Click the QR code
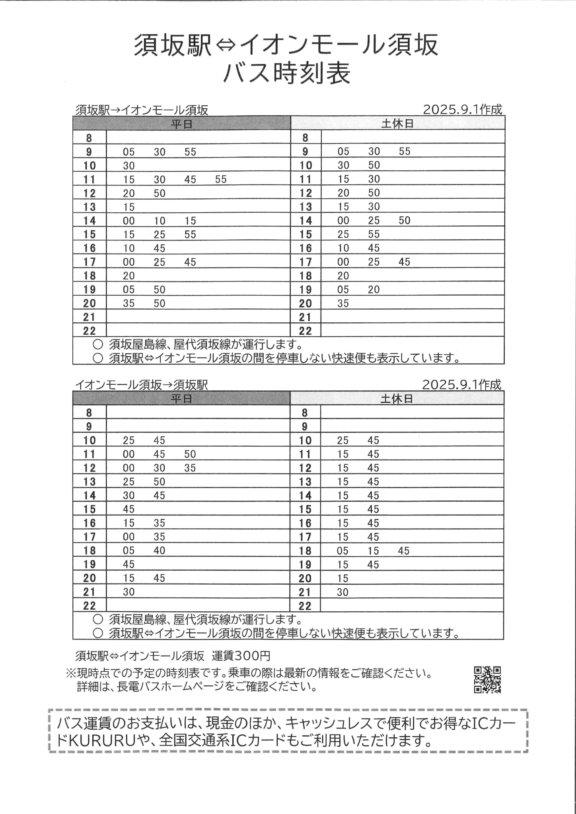(487, 680)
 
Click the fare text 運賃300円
(241, 655)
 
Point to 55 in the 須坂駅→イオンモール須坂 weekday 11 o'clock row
(221, 180)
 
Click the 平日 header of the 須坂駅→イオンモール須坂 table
(181, 124)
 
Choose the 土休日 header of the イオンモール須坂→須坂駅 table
(397, 399)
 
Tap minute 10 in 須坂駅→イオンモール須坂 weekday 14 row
(160, 221)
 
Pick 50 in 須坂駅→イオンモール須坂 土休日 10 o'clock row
(374, 165)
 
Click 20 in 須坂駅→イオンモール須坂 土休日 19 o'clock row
(374, 290)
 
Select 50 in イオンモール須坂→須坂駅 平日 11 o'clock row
(190, 454)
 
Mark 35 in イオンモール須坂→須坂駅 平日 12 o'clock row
(190, 468)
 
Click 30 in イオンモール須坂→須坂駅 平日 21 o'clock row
(129, 592)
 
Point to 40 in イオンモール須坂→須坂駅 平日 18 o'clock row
(160, 551)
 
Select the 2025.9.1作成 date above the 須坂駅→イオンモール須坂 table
(462, 110)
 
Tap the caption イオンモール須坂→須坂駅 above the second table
(142, 385)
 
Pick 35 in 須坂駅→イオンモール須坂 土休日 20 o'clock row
(343, 304)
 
